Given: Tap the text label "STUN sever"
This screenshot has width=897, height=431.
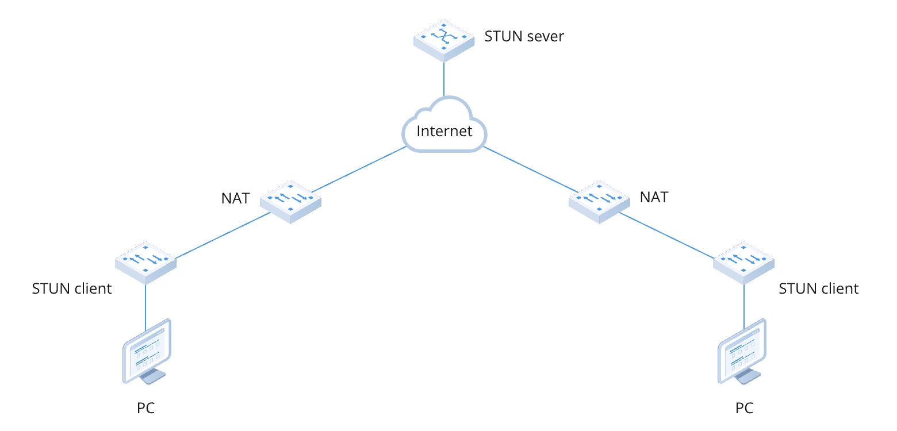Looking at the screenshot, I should tap(524, 37).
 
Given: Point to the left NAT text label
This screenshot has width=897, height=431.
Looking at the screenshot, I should tap(236, 198).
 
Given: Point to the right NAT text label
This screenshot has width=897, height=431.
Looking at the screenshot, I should tap(654, 197).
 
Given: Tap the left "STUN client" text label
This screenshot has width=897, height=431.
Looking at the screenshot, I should tap(72, 288).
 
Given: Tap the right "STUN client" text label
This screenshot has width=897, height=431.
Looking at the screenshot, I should tap(818, 288).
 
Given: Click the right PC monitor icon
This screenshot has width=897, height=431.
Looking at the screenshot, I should tap(742, 352).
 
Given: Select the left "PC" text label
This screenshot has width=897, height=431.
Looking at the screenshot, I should tap(146, 409).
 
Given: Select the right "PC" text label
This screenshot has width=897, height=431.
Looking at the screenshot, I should tap(744, 409).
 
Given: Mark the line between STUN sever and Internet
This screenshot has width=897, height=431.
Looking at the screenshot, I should tap(444, 79).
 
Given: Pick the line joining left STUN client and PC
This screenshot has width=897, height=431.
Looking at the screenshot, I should tap(145, 306).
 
